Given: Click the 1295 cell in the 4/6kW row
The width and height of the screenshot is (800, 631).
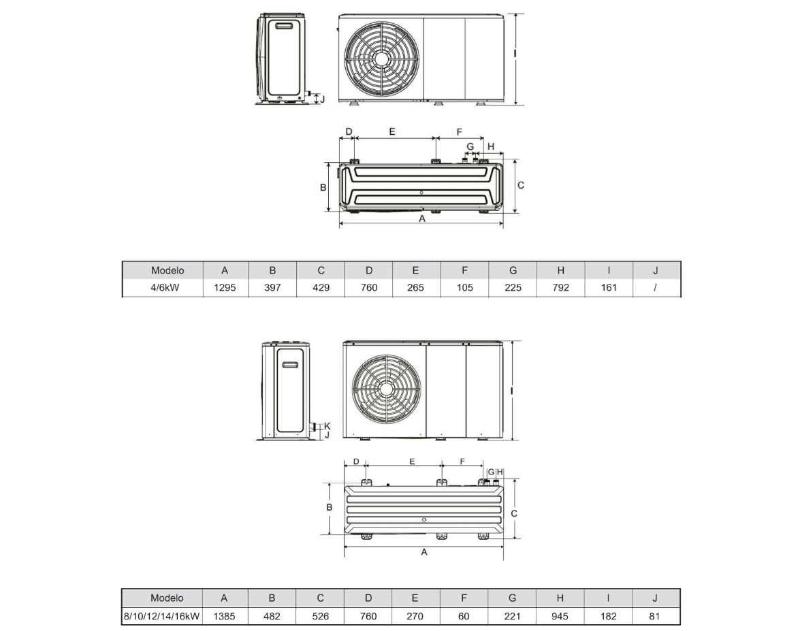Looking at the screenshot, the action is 225,288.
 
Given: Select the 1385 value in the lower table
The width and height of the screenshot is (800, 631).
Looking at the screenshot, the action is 224,616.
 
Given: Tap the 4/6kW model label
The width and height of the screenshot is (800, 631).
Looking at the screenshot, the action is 165,288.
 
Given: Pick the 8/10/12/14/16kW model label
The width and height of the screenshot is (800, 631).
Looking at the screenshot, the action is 162,616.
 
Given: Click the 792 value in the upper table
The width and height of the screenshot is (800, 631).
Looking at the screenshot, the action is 561,288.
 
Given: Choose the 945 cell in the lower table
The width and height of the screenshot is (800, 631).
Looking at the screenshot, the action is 560,616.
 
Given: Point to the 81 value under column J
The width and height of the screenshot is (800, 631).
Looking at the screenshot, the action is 654,616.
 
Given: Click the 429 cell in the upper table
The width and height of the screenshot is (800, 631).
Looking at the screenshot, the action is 321,288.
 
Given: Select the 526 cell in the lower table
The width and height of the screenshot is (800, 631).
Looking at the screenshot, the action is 321,616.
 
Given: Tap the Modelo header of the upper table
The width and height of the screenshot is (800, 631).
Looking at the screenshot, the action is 167,270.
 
